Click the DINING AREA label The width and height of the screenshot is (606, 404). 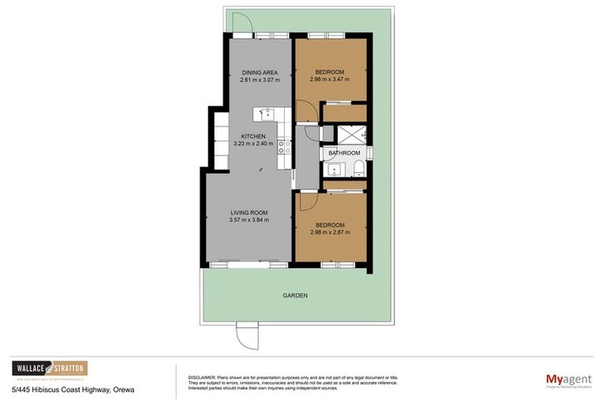[258, 72]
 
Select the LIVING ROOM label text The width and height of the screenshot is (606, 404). [249, 212]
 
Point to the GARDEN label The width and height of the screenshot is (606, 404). [295, 295]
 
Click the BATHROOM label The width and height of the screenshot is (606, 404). [344, 152]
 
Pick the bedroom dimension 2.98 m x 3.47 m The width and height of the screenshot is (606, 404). [331, 79]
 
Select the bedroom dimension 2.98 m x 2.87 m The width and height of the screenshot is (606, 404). [331, 234]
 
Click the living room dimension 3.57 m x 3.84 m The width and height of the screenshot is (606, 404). [249, 220]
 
